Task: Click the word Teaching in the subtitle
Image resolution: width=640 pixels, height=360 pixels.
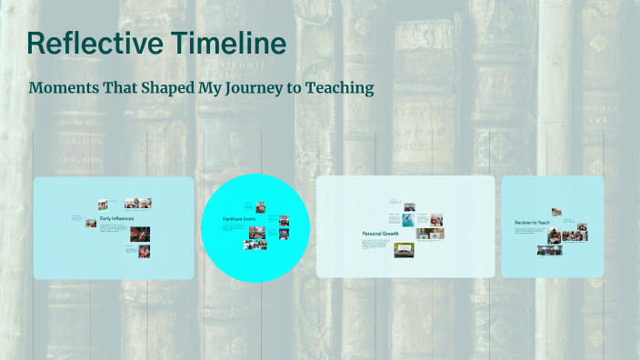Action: [x=339, y=89]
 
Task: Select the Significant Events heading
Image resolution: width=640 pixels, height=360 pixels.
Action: [x=238, y=220]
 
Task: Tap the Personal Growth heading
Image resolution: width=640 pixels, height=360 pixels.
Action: [x=380, y=235]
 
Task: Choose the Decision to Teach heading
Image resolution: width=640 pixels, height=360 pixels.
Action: [x=531, y=223]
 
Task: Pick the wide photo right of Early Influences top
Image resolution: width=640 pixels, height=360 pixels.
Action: [x=137, y=203]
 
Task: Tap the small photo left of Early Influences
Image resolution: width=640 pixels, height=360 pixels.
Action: [x=91, y=222]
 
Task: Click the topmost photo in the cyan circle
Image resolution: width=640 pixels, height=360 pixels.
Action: [x=260, y=207]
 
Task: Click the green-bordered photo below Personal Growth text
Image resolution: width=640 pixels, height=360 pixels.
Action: [x=404, y=250]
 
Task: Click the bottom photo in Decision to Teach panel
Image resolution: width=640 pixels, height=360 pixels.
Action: [x=548, y=250]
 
